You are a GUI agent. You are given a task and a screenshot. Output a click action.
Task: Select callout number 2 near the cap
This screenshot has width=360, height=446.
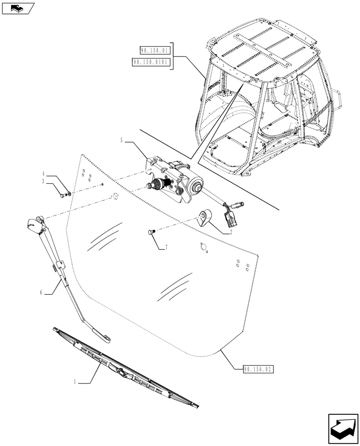coord(231,232)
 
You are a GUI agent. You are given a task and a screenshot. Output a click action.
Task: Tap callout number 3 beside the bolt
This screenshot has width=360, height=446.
coord(43,182)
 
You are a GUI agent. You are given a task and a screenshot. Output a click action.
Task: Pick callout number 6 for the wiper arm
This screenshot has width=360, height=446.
coord(41,293)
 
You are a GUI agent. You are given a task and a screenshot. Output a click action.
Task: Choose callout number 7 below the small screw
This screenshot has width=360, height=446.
coord(166,247)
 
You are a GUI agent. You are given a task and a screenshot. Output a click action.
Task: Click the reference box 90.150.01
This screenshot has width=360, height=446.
coord(154,50)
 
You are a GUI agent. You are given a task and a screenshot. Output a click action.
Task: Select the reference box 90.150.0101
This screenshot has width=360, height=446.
coord(151,62)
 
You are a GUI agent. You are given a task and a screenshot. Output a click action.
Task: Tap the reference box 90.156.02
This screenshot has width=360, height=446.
coord(258,369)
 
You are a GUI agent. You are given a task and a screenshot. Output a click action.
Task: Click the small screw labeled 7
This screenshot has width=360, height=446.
coord(150,231)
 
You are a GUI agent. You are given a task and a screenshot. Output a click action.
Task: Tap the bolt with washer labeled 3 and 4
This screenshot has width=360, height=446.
coord(64,194)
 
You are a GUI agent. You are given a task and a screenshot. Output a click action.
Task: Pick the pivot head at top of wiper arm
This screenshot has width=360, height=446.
coord(35,223)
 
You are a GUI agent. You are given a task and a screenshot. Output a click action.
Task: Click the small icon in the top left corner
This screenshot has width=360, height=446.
coord(18,8)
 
